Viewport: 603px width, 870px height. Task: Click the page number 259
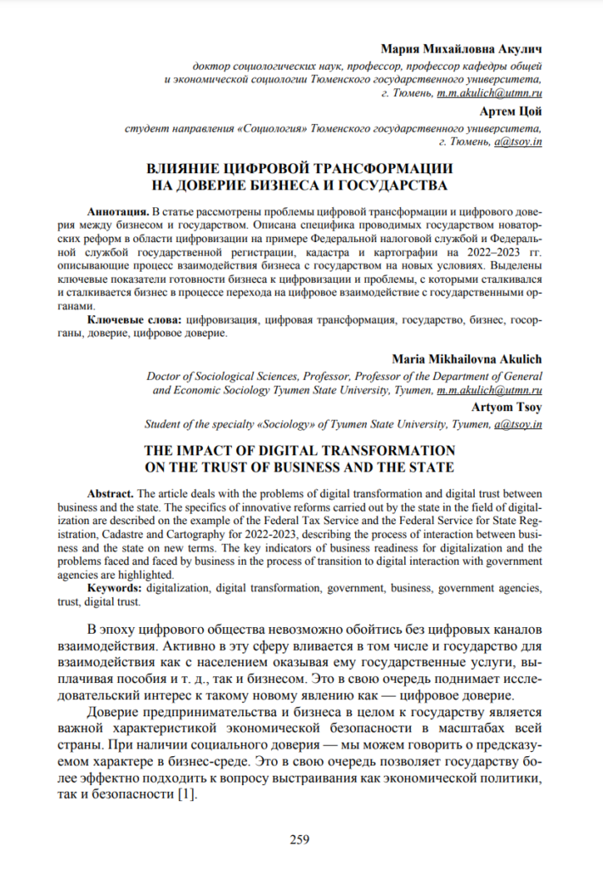(300, 840)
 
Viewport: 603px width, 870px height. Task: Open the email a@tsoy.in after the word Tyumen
(516, 423)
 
